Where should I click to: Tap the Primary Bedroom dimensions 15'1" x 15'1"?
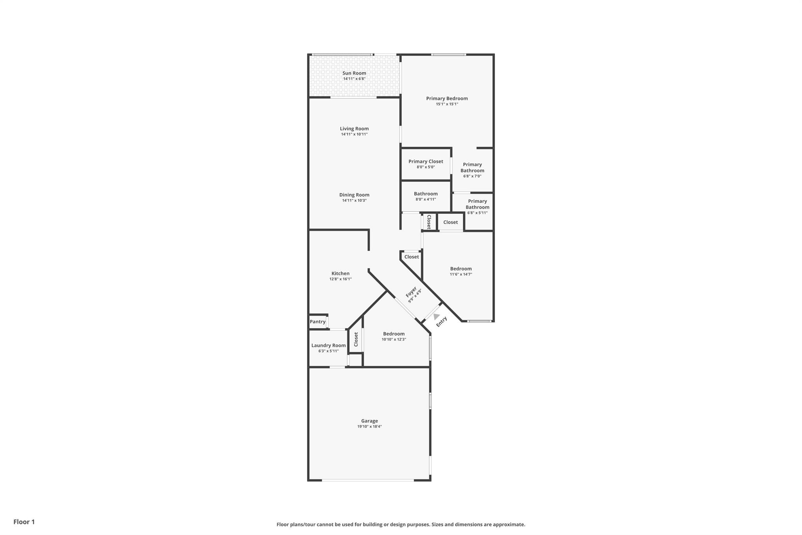[447, 104]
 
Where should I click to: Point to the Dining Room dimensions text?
[354, 201]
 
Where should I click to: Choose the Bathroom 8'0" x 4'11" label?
[426, 196]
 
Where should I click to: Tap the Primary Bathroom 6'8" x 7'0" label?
[472, 170]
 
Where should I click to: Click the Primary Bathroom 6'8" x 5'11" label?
[477, 207]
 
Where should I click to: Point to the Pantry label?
[318, 322]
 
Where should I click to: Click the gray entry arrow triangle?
[436, 316]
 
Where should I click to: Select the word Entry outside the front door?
[442, 321]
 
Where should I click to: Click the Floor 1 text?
[24, 522]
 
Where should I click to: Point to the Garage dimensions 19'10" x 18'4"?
[369, 426]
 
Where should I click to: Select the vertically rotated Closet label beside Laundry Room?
[356, 339]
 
